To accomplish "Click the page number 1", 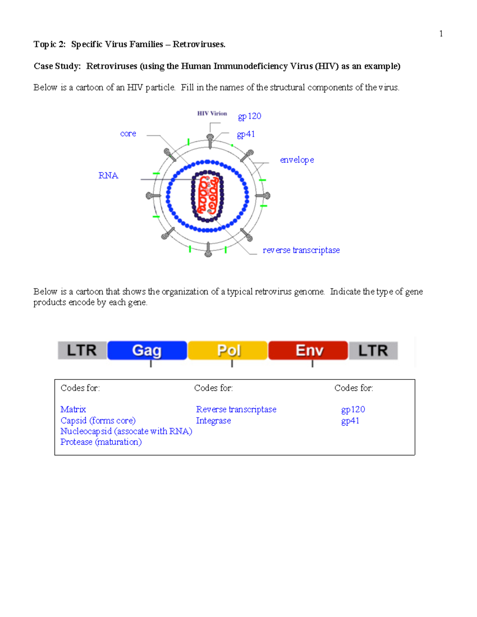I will (x=441, y=34).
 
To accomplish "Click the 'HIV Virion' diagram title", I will (x=212, y=114).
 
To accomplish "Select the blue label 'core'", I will (x=128, y=134).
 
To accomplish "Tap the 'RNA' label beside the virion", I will (x=108, y=176).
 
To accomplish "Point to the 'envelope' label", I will (x=297, y=160).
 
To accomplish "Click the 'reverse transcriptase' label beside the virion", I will (x=301, y=250).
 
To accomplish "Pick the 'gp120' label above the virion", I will (x=249, y=116).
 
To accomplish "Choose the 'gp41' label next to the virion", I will (x=246, y=134).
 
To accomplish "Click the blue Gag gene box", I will (x=147, y=350).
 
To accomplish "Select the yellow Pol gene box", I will (x=228, y=350).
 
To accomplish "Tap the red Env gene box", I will (x=308, y=350).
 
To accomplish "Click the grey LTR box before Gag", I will (x=82, y=350).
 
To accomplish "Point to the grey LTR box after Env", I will (x=373, y=350).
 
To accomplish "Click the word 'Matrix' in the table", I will (x=73, y=409).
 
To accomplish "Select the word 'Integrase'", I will (x=213, y=420).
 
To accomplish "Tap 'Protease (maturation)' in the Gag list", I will (x=101, y=442).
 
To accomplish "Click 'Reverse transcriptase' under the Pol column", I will (x=236, y=409).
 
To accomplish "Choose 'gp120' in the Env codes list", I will (x=353, y=409).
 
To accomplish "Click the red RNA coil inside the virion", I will (x=207, y=195).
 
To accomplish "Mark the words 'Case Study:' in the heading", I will (x=57, y=66).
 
